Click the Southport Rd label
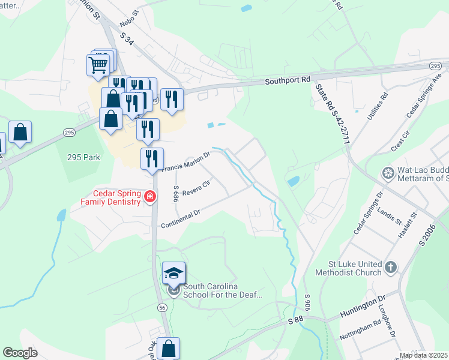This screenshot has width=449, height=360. tap(288, 79)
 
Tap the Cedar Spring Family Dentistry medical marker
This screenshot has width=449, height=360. tap(149, 196)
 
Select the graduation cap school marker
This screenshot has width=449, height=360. tap(173, 274)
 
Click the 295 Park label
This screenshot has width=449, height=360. tap(83, 157)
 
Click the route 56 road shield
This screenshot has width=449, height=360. tap(162, 307)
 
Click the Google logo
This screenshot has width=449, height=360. tap(20, 353)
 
